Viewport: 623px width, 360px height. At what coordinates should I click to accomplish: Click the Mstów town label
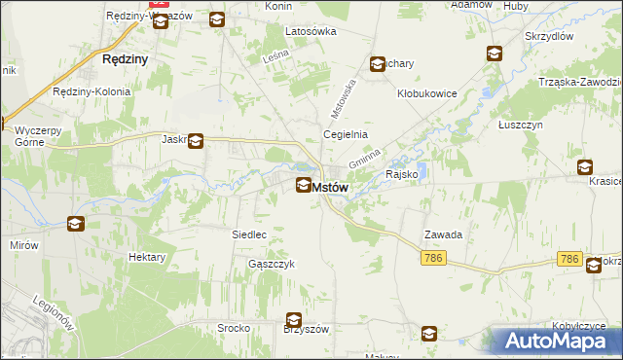click(x=330, y=188)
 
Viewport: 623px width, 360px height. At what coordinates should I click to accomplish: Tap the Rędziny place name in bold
click(x=125, y=59)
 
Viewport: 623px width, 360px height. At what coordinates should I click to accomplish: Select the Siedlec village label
click(x=249, y=234)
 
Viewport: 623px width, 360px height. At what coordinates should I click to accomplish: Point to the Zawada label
click(x=442, y=234)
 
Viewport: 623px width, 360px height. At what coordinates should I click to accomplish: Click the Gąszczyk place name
click(x=271, y=264)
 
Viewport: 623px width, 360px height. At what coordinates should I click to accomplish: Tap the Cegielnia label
click(x=345, y=134)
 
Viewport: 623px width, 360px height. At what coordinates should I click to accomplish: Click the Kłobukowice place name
click(x=427, y=94)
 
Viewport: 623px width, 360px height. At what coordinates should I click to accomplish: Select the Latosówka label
click(x=311, y=31)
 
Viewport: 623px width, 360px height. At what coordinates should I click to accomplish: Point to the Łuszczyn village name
click(x=518, y=125)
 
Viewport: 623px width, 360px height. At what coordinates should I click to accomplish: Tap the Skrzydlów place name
click(x=550, y=36)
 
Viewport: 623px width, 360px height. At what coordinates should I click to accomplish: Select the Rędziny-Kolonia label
click(x=92, y=91)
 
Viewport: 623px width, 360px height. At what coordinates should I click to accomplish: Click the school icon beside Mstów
click(x=304, y=185)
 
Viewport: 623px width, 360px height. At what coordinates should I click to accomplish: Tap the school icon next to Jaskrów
click(x=196, y=141)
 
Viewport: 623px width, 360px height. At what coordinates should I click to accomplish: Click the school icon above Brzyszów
click(x=293, y=319)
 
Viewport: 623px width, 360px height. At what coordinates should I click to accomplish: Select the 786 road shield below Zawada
click(x=434, y=257)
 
